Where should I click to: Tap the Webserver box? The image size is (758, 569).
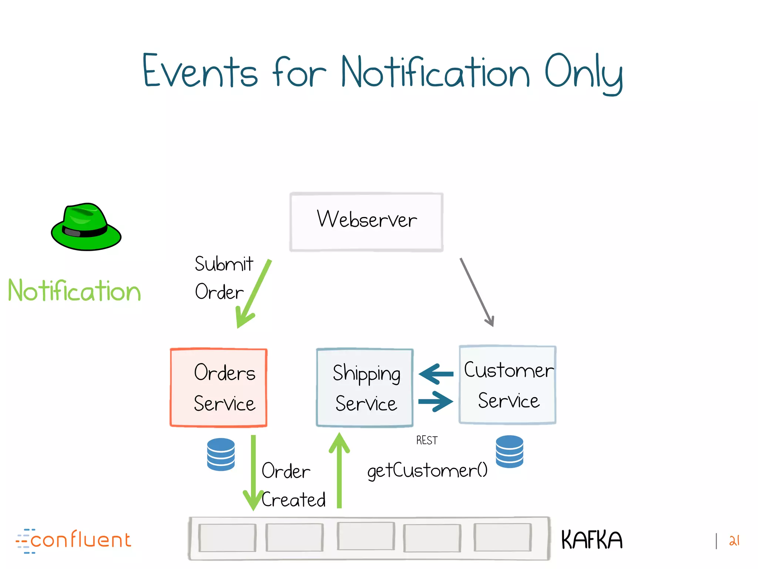point(366,222)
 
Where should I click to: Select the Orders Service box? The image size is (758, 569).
point(218,387)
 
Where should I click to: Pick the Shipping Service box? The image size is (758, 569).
point(365,387)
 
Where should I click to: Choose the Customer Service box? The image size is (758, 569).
point(507,385)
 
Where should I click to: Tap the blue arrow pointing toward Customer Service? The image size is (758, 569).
point(436,402)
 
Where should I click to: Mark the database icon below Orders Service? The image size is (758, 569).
point(221,454)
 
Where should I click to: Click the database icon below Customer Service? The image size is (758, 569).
point(509,451)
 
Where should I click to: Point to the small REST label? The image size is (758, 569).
point(427,440)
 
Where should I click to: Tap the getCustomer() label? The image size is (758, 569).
point(427,471)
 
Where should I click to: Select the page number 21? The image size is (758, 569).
point(734,540)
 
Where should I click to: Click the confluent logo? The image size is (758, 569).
point(74,540)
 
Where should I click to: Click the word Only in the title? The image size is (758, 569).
point(584,72)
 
